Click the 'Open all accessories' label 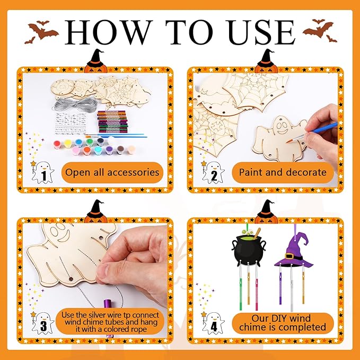tap(112, 172)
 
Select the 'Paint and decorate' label tap(282, 172)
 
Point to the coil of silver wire tap(78, 103)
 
